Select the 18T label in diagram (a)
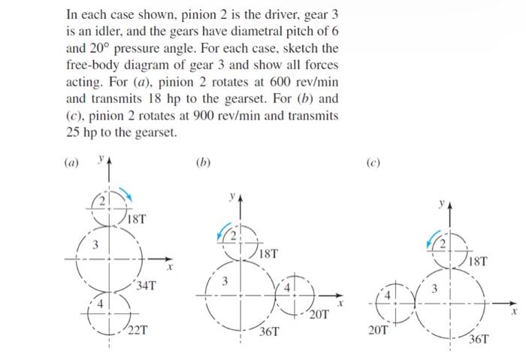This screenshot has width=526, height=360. (137, 219)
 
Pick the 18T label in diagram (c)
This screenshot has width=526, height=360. (476, 262)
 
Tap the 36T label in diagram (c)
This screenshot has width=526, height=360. (478, 339)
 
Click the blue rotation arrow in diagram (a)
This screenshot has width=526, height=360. (128, 197)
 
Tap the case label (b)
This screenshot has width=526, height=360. (201, 160)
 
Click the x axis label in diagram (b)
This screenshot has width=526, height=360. (340, 304)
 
